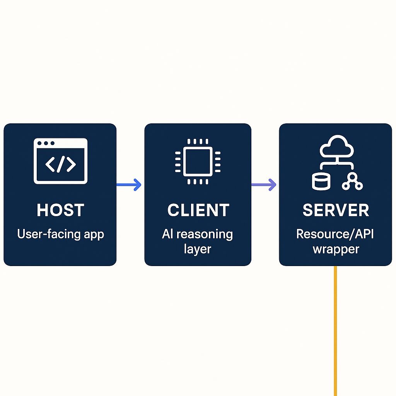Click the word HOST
tap(60, 210)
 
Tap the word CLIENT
tap(198, 210)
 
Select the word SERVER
tap(336, 210)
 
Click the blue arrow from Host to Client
tap(130, 185)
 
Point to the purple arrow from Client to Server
tap(265, 185)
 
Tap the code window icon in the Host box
tap(61, 161)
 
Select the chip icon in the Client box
tap(198, 161)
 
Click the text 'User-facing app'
tap(60, 234)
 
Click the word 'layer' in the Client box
tap(197, 249)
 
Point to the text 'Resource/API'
tap(335, 234)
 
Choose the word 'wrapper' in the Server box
tap(336, 249)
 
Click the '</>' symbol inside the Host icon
tap(61, 164)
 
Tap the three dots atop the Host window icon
tap(46, 143)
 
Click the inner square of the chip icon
tap(198, 161)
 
